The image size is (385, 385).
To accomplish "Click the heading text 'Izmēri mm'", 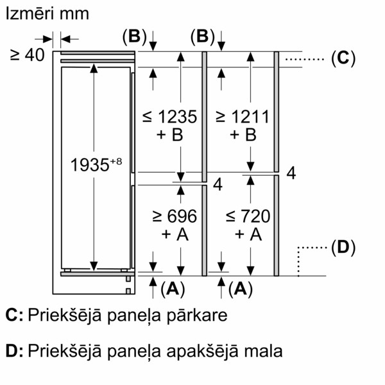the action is click(47, 13).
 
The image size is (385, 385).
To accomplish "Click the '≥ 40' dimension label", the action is click(27, 55).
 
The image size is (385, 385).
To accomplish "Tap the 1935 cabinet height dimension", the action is click(90, 165).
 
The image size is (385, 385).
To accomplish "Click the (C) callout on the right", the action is click(343, 58).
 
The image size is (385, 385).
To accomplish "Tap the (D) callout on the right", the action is click(343, 248).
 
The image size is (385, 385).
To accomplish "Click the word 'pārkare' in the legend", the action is click(197, 316).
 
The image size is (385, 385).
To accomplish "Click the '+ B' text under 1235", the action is click(170, 135).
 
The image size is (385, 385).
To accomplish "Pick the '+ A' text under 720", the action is click(248, 234).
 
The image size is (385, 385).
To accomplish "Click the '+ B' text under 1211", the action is click(243, 135).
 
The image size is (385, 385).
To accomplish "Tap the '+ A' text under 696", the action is click(175, 234).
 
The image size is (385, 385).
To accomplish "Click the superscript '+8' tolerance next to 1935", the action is click(116, 161).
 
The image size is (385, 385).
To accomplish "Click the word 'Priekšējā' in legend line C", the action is click(65, 316).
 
